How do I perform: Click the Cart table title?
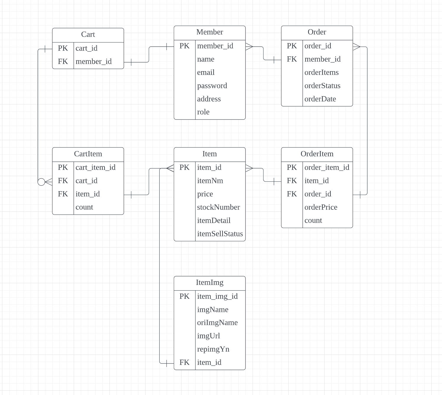click(x=88, y=35)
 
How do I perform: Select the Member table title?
click(x=209, y=32)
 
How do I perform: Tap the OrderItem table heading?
click(x=317, y=154)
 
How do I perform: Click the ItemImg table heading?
click(x=209, y=283)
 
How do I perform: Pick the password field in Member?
click(x=212, y=86)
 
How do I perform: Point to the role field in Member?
click(x=203, y=112)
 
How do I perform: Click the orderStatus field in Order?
click(x=322, y=86)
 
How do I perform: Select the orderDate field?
click(x=320, y=99)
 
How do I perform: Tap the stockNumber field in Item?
click(x=218, y=207)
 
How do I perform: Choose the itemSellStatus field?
click(x=220, y=234)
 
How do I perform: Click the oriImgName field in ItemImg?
click(x=217, y=323)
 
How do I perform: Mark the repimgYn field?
click(x=213, y=349)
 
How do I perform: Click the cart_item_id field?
click(x=95, y=168)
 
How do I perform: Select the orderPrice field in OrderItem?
click(x=321, y=207)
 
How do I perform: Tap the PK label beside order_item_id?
click(x=292, y=168)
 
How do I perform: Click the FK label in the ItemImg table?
click(x=184, y=363)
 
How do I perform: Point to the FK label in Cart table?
click(x=63, y=62)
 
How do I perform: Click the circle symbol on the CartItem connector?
click(x=41, y=182)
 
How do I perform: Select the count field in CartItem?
click(x=84, y=207)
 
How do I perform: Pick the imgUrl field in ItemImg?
click(x=208, y=336)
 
